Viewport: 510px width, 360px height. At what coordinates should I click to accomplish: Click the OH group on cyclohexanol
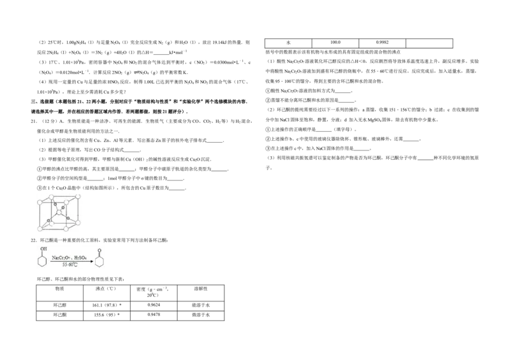pyautogui.click(x=44, y=248)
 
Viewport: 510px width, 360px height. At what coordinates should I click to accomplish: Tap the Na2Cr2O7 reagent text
pyautogui.click(x=61, y=257)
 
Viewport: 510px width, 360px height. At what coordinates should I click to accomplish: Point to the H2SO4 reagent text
pyautogui.click(x=80, y=257)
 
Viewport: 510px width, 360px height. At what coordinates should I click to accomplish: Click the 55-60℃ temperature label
pyautogui.click(x=69, y=264)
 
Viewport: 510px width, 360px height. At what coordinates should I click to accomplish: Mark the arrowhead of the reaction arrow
pyautogui.click(x=92, y=261)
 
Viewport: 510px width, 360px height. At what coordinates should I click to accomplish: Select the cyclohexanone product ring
pyautogui.click(x=99, y=262)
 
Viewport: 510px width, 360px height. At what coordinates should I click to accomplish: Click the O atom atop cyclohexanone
pyautogui.click(x=99, y=250)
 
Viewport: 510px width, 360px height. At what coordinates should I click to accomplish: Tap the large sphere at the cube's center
pyautogui.click(x=59, y=212)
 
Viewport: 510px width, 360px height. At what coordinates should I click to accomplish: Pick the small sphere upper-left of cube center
pyautogui.click(x=55, y=204)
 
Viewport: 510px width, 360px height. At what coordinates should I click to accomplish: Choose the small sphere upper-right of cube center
pyautogui.click(x=63, y=207)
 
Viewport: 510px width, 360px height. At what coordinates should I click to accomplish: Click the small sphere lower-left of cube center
pyautogui.click(x=48, y=220)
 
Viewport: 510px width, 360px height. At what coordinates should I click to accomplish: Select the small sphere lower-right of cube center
pyautogui.click(x=68, y=218)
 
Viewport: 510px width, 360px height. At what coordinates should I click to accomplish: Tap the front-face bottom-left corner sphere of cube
pyautogui.click(x=40, y=229)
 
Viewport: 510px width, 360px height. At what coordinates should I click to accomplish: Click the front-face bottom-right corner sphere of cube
pyautogui.click(x=66, y=229)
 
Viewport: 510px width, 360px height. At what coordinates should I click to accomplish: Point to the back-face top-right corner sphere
pyautogui.click(x=78, y=196)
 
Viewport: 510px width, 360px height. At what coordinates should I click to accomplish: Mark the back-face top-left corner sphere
pyautogui.click(x=51, y=197)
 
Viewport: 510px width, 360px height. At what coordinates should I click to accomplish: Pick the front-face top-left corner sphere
pyautogui.click(x=40, y=202)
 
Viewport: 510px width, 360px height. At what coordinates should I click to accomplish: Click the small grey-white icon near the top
pyautogui.click(x=138, y=71)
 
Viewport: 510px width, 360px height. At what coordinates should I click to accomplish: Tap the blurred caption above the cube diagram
pyautogui.click(x=61, y=191)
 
